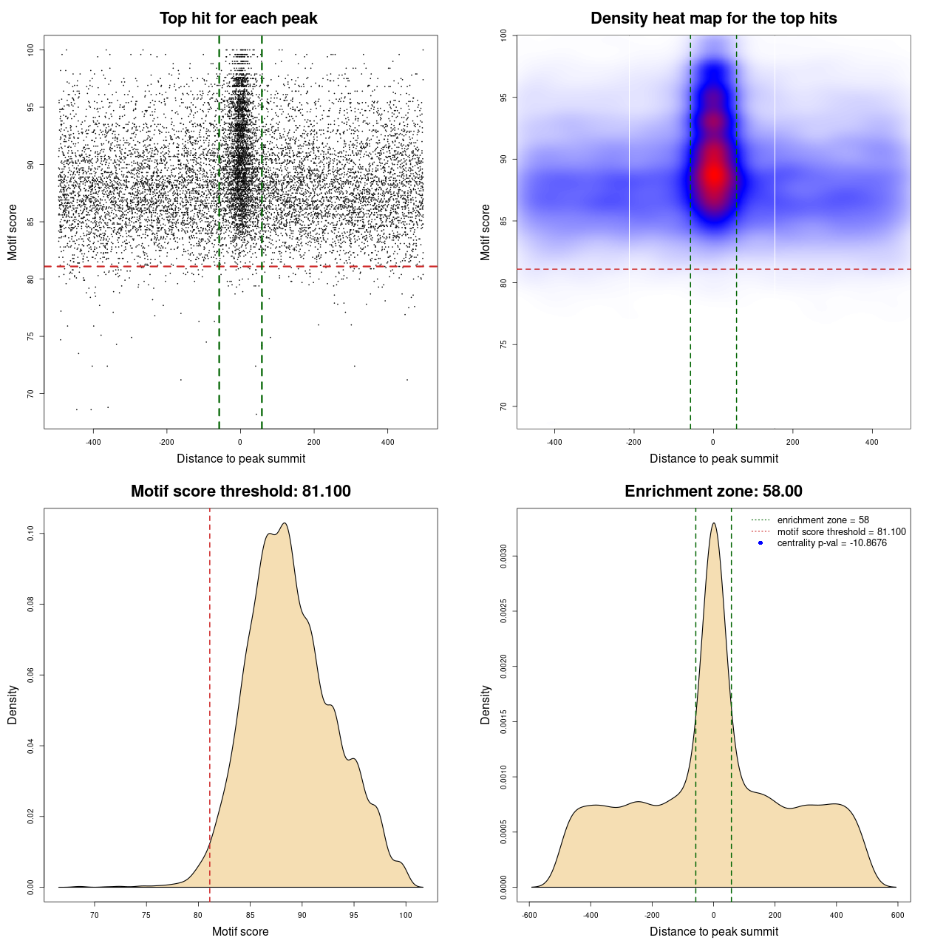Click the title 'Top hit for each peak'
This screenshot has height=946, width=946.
(239, 18)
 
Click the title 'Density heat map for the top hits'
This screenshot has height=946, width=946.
(713, 18)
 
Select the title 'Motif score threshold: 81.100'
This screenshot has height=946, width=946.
(240, 491)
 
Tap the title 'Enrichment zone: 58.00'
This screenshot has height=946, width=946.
(713, 491)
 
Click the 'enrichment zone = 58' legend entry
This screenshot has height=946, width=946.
(823, 520)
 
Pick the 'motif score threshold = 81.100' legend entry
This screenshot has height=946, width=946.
(841, 532)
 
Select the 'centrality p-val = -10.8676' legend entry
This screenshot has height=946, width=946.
(831, 543)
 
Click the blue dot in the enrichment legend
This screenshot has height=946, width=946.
(760, 543)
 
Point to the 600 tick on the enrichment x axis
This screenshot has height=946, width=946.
(897, 915)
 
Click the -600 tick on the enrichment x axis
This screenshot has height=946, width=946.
(529, 915)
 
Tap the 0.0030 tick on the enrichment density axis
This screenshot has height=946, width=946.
(504, 557)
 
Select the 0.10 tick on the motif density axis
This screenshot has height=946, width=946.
(31, 534)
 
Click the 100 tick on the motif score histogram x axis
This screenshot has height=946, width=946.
(405, 915)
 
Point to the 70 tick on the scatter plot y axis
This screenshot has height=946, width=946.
(31, 394)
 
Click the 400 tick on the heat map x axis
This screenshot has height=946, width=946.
(872, 442)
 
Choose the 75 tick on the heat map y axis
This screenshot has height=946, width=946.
(504, 344)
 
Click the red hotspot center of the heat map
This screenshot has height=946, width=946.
(713, 174)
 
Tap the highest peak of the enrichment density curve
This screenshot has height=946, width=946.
(713, 523)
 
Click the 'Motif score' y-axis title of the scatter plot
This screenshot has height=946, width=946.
(13, 232)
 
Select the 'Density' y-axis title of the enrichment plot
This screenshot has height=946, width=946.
(486, 704)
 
